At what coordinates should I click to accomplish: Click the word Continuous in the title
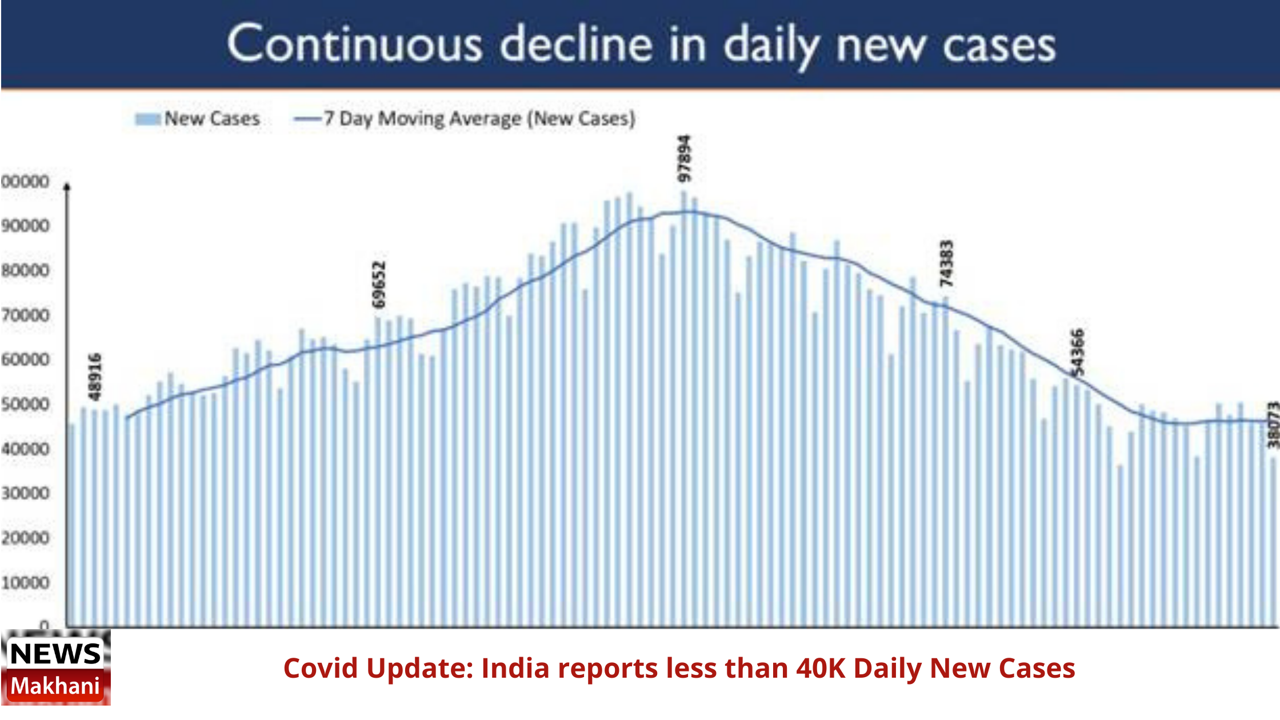coord(354,45)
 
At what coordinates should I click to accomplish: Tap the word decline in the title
coord(576,45)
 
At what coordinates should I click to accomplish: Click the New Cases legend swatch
coord(147,119)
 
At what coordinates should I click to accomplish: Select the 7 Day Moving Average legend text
coord(479,119)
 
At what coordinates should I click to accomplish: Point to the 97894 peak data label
coord(684,158)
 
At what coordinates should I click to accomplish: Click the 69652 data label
coord(379,284)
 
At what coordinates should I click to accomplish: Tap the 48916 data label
coord(95,377)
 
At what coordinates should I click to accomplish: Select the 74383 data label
coord(946,263)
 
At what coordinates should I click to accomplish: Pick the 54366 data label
coord(1077,353)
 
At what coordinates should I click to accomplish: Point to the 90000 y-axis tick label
coord(25,226)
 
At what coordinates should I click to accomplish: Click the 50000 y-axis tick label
coord(25,405)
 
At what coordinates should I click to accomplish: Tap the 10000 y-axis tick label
coord(25,583)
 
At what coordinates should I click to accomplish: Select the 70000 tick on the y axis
coord(25,315)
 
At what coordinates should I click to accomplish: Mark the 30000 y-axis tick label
coord(25,494)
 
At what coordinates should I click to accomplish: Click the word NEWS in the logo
coord(55,654)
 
